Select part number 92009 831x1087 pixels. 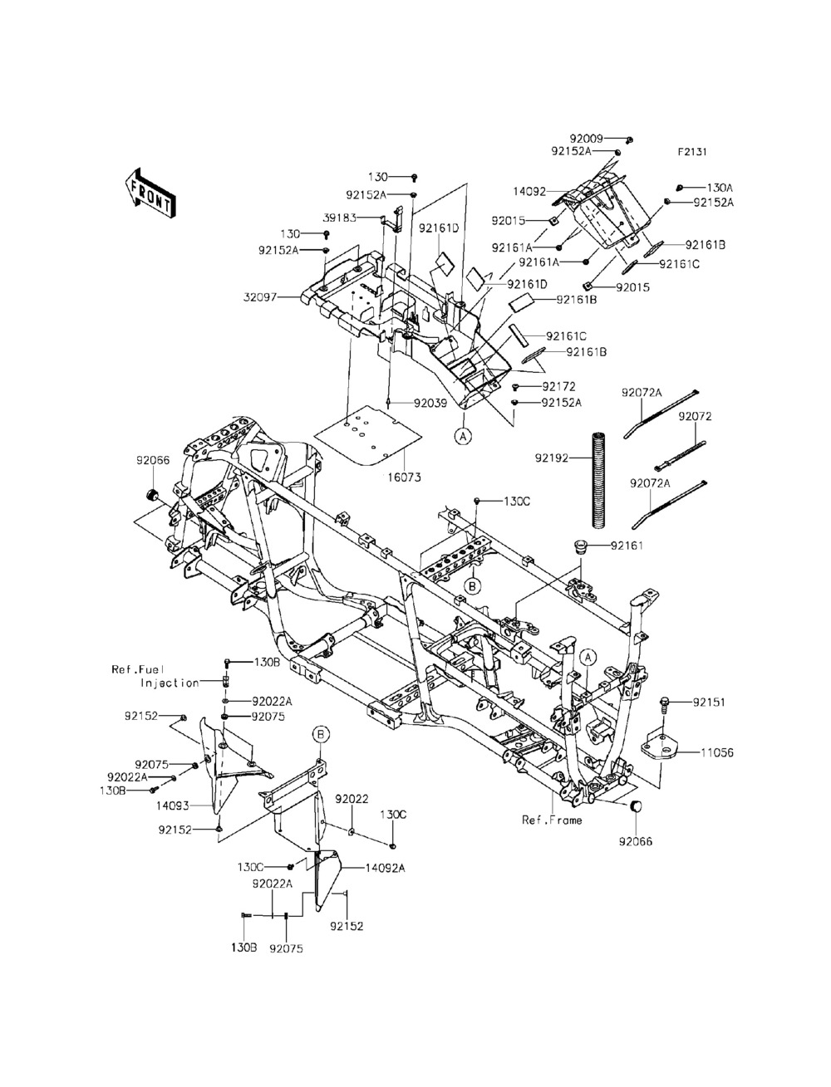coord(586,139)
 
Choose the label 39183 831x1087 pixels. coord(340,218)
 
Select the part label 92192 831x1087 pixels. coord(552,457)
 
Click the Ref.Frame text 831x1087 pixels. coord(552,820)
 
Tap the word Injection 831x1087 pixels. coord(170,683)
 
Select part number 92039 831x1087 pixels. coord(430,404)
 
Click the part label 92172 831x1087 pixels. coord(559,387)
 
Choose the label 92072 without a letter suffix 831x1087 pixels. coord(695,416)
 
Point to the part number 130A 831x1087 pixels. coord(720,188)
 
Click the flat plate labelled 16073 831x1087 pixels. coord(361,436)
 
